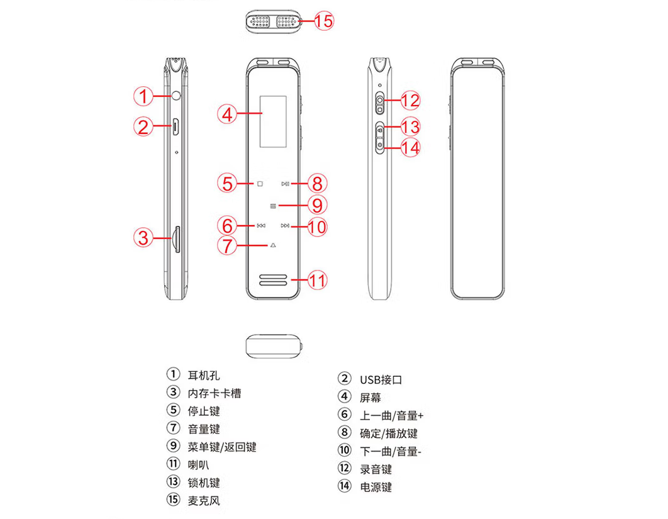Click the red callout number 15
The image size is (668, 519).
(324, 21)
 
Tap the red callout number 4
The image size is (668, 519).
(227, 114)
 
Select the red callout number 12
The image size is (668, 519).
(410, 101)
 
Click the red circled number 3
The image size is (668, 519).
(143, 237)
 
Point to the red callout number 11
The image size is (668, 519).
(317, 281)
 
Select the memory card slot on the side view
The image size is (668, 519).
(176, 240)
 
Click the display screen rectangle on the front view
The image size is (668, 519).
(273, 121)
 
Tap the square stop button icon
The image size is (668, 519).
(260, 184)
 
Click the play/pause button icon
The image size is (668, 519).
(286, 184)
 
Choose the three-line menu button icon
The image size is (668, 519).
(273, 206)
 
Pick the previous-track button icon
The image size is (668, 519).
(261, 225)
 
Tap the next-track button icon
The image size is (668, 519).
(285, 225)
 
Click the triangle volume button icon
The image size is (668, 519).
(273, 245)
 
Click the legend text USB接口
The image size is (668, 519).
(381, 380)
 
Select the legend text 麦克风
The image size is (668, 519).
(204, 500)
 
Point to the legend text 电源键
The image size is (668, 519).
(376, 487)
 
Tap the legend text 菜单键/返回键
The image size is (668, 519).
(222, 447)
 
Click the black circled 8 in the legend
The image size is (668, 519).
(344, 432)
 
